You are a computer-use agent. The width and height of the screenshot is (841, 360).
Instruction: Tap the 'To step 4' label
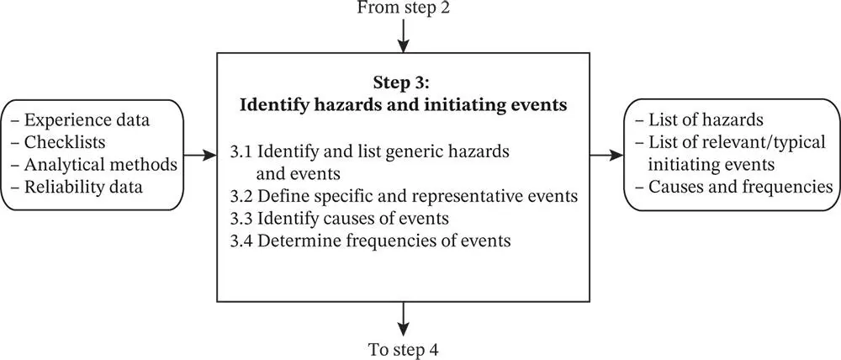(404, 349)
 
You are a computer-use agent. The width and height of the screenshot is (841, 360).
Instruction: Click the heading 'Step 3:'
(404, 84)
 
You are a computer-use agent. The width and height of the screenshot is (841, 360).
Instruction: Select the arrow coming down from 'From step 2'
(404, 35)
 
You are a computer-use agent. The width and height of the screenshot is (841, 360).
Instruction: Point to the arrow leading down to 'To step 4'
(404, 318)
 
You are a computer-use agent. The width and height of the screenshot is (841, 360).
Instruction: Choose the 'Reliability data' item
(89, 187)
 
